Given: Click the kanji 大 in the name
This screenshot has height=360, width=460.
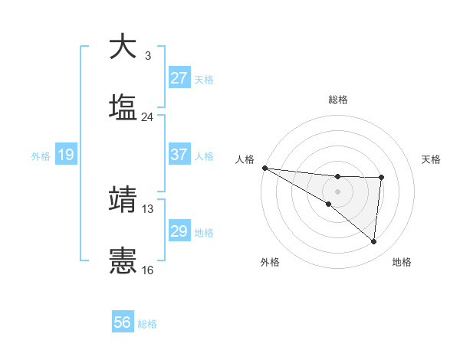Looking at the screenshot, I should point(123,47).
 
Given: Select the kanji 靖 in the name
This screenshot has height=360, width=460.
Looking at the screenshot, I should point(123,199).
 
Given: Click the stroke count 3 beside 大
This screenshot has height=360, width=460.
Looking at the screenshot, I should point(147,56).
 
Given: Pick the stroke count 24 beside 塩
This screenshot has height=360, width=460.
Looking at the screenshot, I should point(147,117).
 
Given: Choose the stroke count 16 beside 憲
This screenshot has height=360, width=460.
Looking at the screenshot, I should point(147,270).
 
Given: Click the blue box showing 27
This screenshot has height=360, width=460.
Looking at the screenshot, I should point(179,78).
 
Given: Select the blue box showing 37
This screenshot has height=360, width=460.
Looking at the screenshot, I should point(179,155).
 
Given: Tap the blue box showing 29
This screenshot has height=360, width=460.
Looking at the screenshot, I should point(179,231).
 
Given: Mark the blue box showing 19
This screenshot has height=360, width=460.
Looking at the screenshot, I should point(65,155).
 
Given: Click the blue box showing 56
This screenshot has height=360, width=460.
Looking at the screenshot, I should point(123,323).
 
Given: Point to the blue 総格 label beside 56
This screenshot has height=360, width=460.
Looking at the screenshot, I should point(147,324).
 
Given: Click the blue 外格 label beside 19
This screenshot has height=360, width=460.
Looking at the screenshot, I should point(41,156).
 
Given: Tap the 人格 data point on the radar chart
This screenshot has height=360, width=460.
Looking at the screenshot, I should point(264,168).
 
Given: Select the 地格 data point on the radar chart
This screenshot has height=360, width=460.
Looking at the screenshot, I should point(374,242).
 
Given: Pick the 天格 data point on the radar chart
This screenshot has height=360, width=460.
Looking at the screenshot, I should point(381,178).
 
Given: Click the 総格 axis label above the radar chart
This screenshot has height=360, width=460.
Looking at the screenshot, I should point(337,100).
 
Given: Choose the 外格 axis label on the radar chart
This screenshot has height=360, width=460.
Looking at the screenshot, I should point(270,262).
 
